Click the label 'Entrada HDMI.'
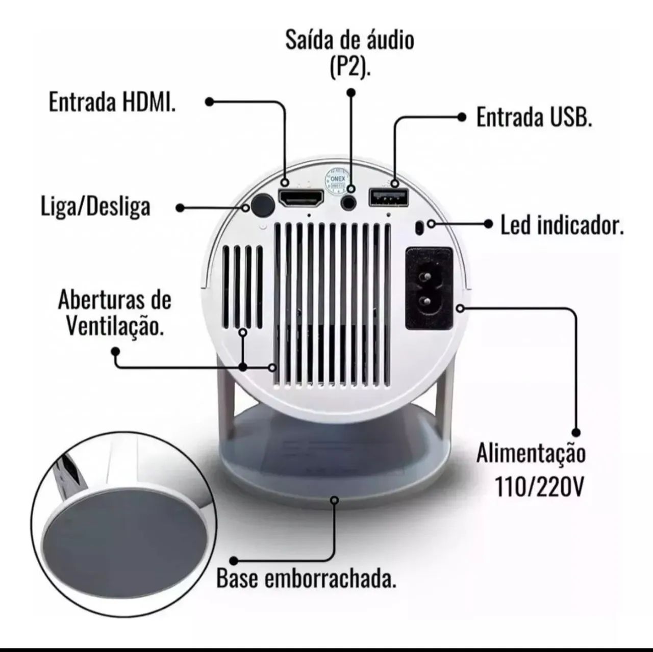112,102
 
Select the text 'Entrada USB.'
534,117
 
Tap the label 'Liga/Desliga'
96,207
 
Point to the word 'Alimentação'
531,453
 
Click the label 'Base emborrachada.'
306,579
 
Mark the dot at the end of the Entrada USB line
462,117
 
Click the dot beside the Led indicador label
489,224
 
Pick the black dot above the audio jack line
350,93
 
